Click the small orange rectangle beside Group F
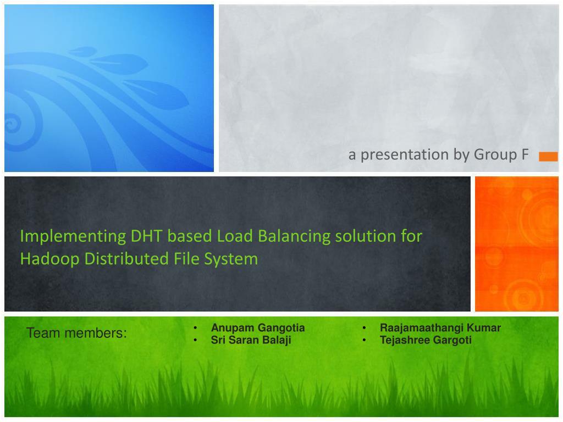[x=548, y=157]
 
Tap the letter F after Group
[x=525, y=155]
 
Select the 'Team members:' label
[x=76, y=334]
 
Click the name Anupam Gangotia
[x=258, y=328]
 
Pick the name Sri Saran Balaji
[x=251, y=340]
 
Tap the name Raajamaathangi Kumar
[x=440, y=328]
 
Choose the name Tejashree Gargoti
[x=426, y=340]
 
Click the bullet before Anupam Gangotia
[x=196, y=328]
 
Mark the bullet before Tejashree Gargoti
[x=365, y=340]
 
